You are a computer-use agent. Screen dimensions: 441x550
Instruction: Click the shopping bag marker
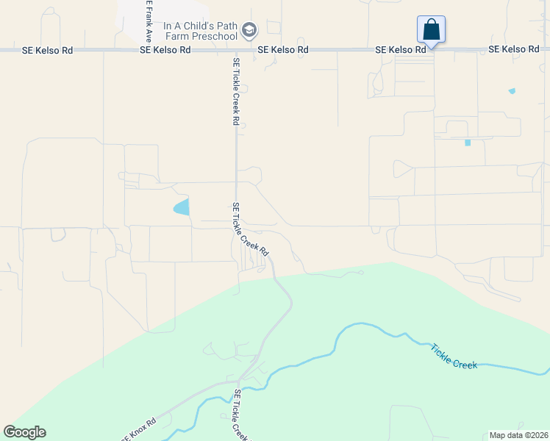coord(431,30)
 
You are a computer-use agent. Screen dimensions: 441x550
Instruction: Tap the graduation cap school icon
coord(250,29)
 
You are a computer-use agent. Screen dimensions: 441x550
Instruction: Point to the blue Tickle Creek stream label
coord(454,358)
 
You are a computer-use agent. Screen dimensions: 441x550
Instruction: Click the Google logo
coord(24,431)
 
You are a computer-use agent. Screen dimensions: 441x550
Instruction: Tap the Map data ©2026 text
coord(518,435)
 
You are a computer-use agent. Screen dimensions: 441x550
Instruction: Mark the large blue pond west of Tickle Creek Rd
coord(182,208)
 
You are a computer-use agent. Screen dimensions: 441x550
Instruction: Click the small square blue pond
coord(467,143)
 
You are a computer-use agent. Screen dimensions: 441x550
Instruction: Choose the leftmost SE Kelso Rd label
coord(48,50)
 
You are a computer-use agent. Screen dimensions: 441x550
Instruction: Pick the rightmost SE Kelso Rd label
coord(514,49)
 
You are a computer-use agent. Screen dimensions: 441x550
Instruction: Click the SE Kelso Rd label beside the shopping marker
coord(401,49)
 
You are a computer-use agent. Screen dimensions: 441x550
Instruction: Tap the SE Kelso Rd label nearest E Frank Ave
coord(165,50)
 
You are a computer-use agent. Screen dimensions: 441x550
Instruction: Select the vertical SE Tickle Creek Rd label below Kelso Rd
coord(237,91)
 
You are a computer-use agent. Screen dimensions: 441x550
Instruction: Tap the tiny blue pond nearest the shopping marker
coord(512,91)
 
